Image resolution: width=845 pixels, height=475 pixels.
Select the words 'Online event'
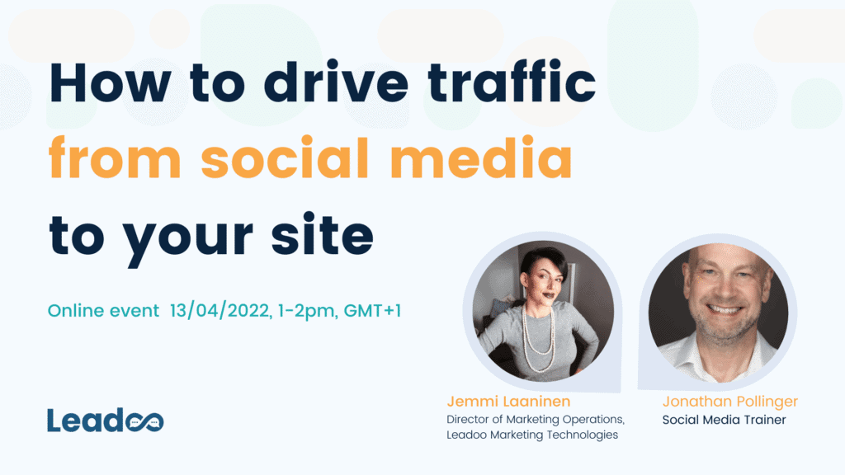point(103,311)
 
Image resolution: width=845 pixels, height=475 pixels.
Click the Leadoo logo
point(105,420)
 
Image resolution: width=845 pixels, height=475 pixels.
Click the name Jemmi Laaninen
point(508,402)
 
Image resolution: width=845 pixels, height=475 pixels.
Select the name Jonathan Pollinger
point(729,402)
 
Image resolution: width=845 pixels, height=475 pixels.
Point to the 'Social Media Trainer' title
point(724,420)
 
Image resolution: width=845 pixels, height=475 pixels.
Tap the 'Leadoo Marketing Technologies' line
point(532,435)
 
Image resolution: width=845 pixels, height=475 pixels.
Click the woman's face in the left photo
point(543,280)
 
